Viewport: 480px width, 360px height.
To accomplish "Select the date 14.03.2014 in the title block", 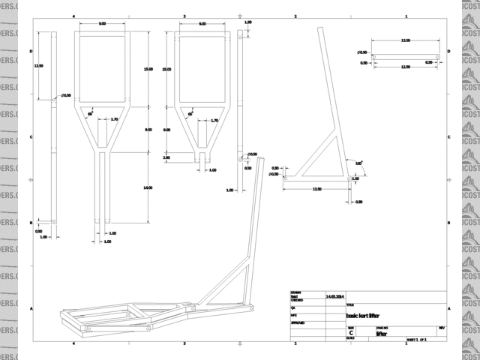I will coord(334,298).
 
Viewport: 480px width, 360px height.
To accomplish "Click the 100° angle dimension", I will coord(359,163).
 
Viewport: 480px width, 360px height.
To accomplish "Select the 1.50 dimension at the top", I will coord(248,22).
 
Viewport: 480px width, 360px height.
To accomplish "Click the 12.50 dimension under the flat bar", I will coord(405,67).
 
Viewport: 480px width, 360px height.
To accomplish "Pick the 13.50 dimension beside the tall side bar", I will coord(38,66).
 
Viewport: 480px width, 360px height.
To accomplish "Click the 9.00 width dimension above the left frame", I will coord(102,24).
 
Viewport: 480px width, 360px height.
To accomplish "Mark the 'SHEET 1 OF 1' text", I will coord(416,340).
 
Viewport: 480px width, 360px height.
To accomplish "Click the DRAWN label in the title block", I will coord(295,292).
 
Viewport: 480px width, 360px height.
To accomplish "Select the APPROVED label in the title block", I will coord(296,322).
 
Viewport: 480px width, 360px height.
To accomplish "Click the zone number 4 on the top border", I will coord(73,16).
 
